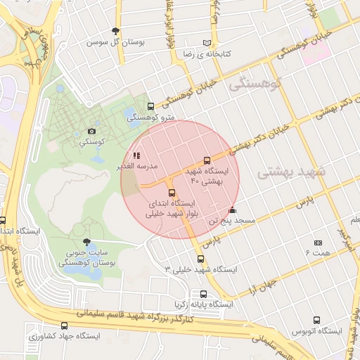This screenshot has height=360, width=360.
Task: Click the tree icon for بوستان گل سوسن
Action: pyautogui.click(x=115, y=30)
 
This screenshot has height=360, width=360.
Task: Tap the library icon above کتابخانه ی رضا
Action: pyautogui.click(x=206, y=42)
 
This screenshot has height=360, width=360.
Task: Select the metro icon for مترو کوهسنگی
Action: pyautogui.click(x=150, y=106)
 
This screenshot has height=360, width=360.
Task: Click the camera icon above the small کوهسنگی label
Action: pyautogui.click(x=91, y=131)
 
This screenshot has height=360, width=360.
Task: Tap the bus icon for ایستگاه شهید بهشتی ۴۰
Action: pyautogui.click(x=206, y=160)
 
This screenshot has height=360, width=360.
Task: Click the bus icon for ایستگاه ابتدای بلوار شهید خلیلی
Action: pyautogui.click(x=171, y=193)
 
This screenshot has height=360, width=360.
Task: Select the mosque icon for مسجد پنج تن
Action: pyautogui.click(x=233, y=210)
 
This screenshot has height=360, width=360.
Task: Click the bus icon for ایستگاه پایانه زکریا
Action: pyautogui.click(x=203, y=294)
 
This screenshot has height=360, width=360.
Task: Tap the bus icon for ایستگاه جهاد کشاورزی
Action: pyautogui.click(x=65, y=326)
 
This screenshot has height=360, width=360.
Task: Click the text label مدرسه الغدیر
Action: pyautogui.click(x=146, y=167)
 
